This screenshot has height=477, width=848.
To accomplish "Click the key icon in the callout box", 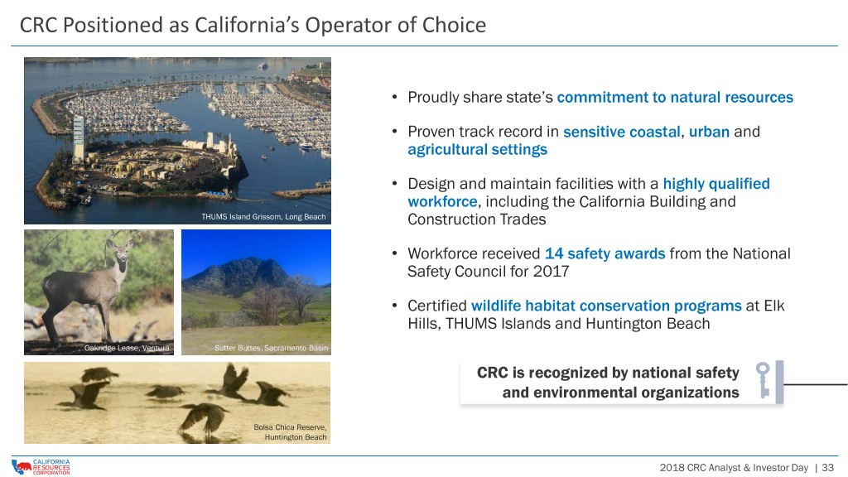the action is (x=763, y=379).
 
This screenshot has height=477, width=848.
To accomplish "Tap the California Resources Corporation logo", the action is (x=41, y=467).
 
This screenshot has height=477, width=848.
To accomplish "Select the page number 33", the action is (x=827, y=467).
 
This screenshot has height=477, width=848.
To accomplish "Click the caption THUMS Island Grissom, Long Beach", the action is (x=263, y=216).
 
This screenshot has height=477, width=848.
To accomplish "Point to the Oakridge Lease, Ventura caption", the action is (x=127, y=348).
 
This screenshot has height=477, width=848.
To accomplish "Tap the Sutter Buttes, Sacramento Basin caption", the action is (x=271, y=348).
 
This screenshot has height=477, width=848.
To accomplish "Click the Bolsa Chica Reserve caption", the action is (x=290, y=431).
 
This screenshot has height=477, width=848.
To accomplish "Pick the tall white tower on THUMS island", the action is (x=79, y=138).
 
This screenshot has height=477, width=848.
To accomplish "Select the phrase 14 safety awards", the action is (x=605, y=253).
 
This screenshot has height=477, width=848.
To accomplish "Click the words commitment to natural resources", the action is (x=675, y=98).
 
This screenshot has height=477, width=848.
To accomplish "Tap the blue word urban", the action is (x=709, y=132).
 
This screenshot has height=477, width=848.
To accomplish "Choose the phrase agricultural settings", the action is (x=477, y=150).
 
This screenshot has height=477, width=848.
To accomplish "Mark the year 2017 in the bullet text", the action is (x=551, y=271).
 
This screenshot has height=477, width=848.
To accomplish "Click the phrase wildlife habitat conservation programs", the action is (x=606, y=306).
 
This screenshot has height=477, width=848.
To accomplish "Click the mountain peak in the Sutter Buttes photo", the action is (x=255, y=262).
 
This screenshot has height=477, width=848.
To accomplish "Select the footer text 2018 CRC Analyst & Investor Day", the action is (x=734, y=467).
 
